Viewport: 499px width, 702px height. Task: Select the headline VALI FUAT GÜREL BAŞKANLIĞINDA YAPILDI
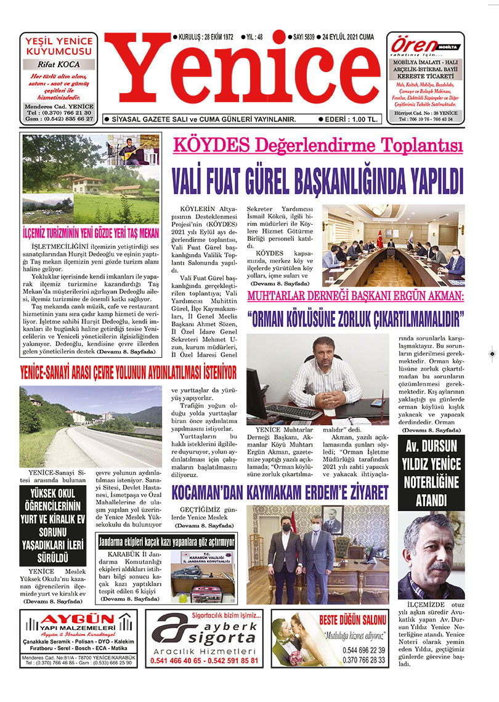[317, 181]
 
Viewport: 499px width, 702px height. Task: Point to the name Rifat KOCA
[59, 63]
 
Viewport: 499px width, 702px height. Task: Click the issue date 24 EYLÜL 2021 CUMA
[350, 37]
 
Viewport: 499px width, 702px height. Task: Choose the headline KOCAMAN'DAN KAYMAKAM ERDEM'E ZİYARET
[280, 493]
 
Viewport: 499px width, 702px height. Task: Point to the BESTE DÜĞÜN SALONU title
[353, 620]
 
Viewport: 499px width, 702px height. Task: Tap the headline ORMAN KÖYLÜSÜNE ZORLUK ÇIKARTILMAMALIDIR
[355, 319]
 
